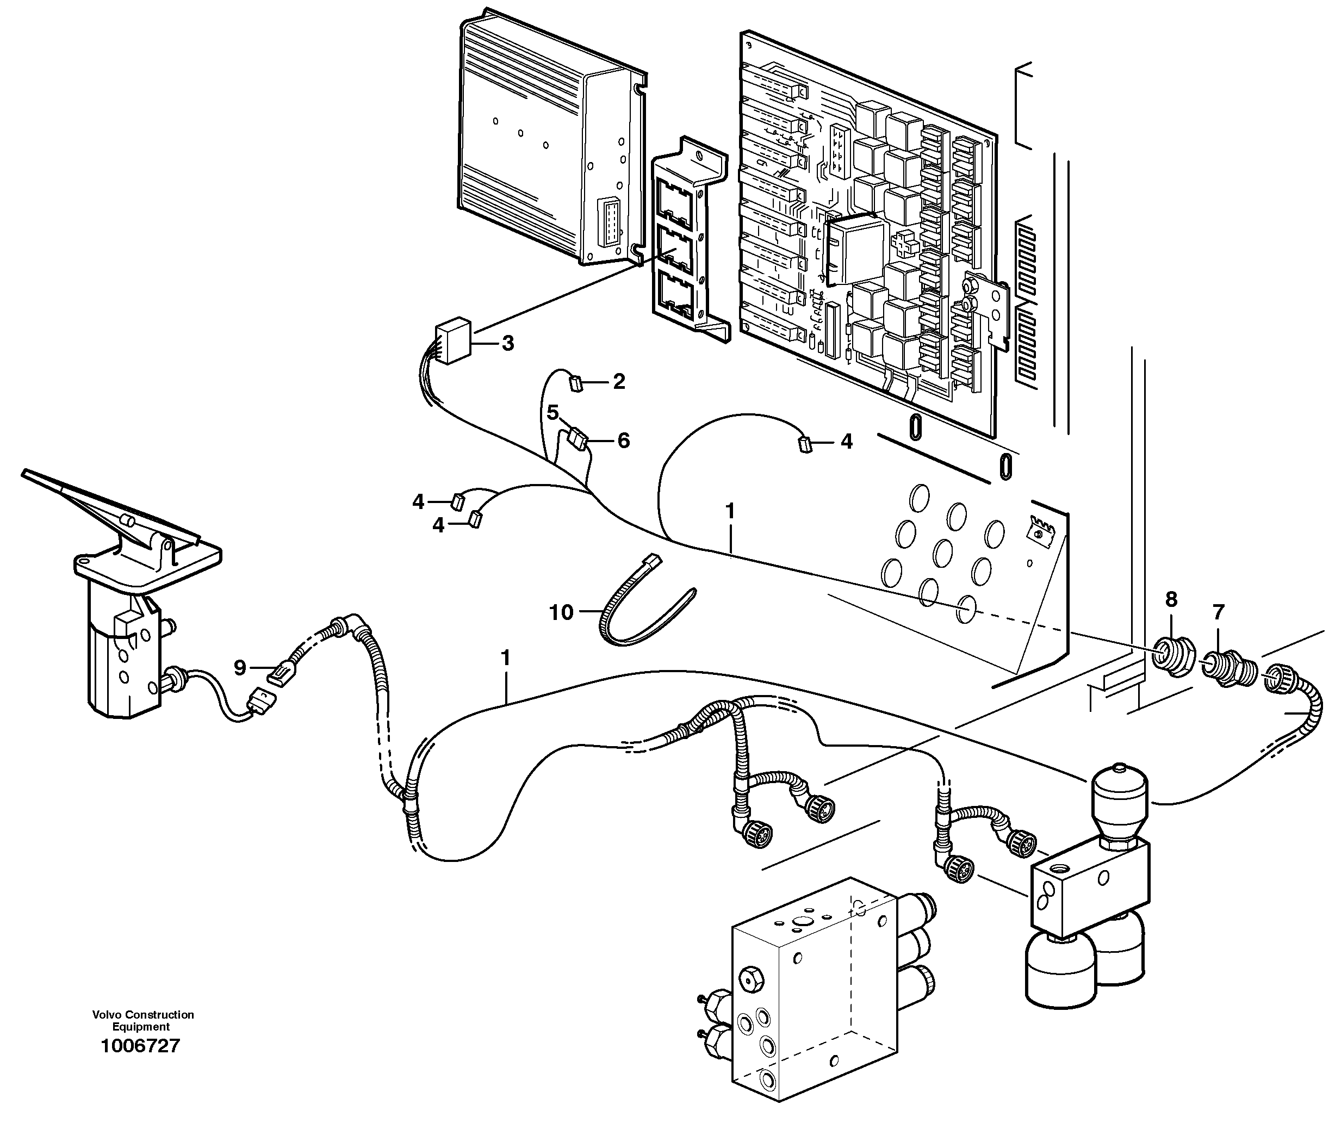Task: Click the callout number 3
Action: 507,344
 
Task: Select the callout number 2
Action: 618,382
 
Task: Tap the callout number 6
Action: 623,440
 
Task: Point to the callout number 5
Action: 552,413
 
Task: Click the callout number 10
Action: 561,612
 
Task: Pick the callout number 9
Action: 239,667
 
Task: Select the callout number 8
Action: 1171,599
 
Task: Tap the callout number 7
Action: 1218,612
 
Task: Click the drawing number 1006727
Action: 141,1045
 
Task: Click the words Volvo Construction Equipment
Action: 142,1021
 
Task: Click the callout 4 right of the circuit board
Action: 846,441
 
